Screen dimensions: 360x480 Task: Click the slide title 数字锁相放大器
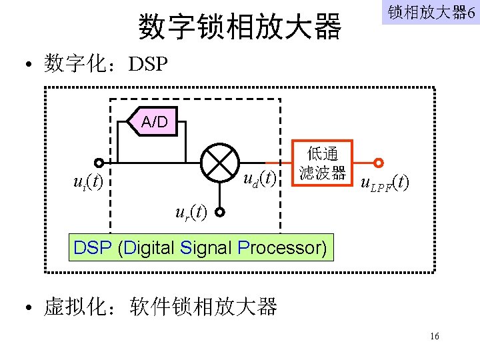(240, 27)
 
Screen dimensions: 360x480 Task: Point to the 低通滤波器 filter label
(322, 163)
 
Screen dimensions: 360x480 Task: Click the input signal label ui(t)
(88, 181)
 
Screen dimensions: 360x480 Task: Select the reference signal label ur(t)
(191, 213)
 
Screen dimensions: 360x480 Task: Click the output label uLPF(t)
(385, 181)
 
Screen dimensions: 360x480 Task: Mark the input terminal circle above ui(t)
(99, 163)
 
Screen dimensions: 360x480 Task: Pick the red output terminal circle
(379, 163)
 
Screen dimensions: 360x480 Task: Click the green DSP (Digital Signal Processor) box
(201, 248)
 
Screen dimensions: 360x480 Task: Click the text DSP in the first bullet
(149, 65)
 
